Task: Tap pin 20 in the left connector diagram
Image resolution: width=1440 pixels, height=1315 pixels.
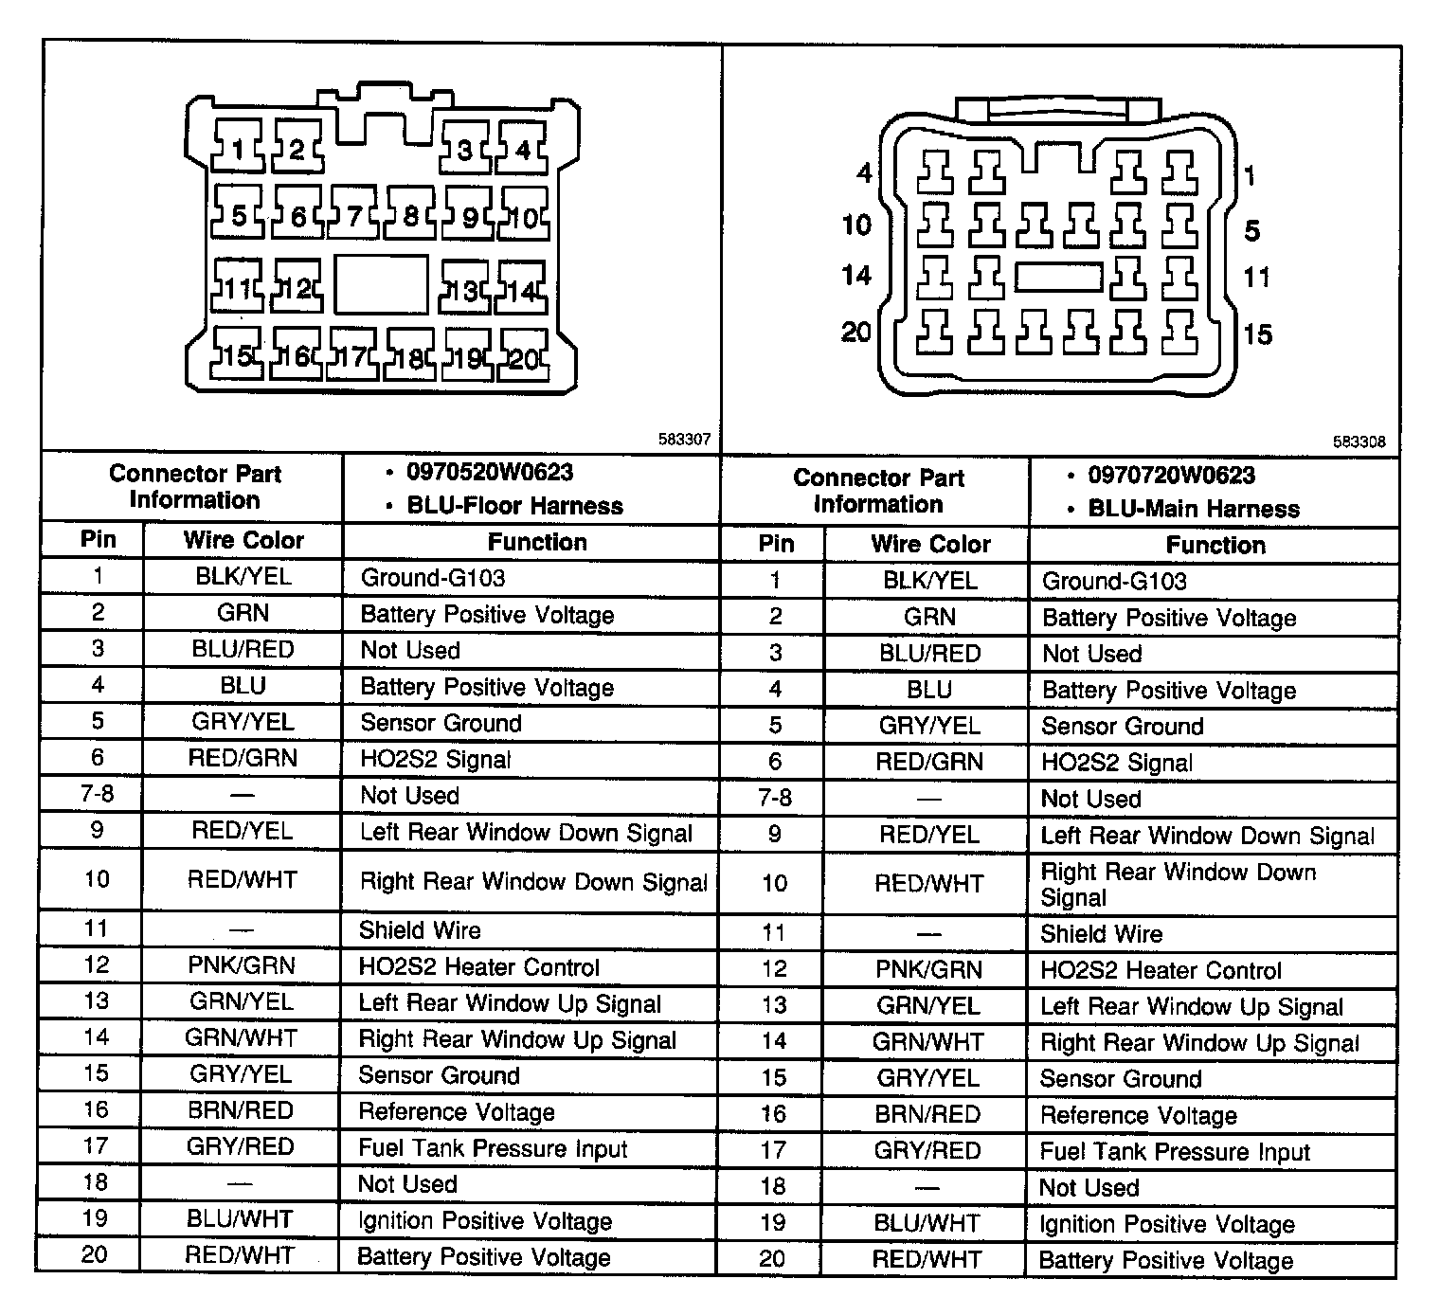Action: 523,358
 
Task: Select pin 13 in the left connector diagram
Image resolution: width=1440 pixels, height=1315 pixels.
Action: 464,290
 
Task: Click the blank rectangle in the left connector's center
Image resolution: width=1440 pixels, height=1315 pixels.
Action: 381,284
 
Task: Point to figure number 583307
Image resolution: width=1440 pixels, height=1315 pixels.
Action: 684,441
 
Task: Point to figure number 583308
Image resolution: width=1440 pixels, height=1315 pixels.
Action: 1359,441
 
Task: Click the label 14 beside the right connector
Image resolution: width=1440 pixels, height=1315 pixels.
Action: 856,276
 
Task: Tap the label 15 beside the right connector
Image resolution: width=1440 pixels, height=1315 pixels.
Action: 1258,334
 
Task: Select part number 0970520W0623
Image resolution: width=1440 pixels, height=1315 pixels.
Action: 490,473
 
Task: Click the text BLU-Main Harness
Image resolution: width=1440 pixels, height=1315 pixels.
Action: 1194,509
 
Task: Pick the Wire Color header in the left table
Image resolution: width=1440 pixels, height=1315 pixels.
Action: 243,541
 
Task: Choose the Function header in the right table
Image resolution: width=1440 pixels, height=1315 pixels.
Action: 1215,545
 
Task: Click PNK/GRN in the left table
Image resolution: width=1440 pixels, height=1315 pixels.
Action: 242,965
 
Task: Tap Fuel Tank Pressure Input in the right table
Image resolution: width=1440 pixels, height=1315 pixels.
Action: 1175,1152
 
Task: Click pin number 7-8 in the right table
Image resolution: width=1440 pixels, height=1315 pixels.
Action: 775,798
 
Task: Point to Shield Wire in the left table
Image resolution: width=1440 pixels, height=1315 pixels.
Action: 420,930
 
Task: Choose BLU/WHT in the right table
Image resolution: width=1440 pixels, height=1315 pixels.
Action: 927,1223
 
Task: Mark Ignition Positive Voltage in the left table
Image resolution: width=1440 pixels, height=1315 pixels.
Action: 484,1221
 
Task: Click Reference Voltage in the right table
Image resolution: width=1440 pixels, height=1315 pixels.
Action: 1138,1116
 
